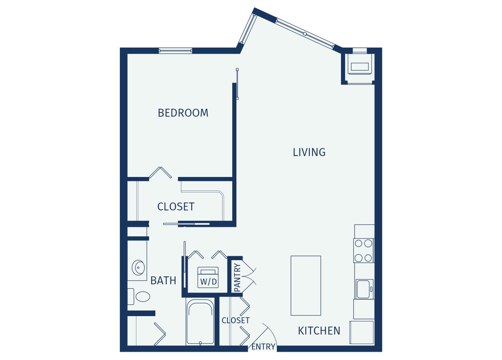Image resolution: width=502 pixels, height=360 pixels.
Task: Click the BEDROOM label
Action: (183, 113)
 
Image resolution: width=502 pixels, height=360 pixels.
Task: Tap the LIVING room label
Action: (309, 152)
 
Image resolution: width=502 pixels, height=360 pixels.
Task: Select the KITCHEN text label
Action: (319, 331)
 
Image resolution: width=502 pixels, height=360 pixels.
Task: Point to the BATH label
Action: (163, 281)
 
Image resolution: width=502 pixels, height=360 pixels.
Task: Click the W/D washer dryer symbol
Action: (208, 278)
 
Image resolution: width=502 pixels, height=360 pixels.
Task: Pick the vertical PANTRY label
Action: (237, 278)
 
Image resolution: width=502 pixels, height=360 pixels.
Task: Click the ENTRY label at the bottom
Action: (263, 347)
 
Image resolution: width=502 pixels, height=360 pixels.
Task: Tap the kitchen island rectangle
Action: (306, 285)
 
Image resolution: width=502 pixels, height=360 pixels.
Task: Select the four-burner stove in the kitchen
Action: (364, 250)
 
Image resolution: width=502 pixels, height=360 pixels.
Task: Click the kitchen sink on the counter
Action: (364, 289)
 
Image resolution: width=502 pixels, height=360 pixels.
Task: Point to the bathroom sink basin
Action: (138, 268)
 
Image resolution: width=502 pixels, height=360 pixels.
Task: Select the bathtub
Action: (200, 322)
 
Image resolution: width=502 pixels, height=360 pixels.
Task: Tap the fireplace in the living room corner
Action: (359, 67)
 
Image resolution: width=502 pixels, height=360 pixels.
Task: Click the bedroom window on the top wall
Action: (175, 50)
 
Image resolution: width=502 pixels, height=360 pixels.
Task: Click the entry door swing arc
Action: (268, 333)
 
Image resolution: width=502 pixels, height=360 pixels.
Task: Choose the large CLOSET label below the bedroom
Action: (176, 207)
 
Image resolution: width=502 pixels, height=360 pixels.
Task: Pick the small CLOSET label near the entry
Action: (235, 320)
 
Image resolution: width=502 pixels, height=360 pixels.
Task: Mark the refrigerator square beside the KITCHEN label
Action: (362, 332)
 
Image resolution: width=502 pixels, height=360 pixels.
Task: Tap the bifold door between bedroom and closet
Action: (160, 173)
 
